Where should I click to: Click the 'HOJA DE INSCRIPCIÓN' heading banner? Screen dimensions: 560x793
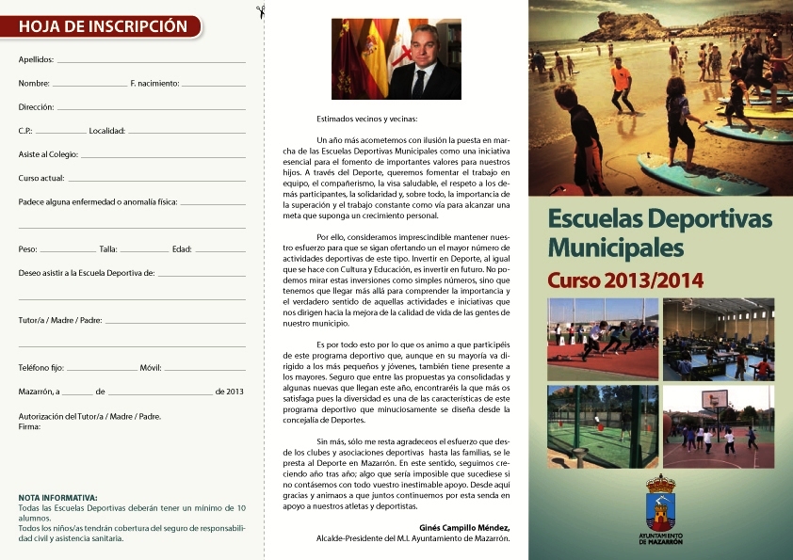[103, 26]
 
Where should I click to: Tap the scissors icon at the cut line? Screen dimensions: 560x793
[260, 12]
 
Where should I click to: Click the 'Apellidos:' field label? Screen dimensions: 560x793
[37, 59]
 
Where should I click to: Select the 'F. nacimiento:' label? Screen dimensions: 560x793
[154, 84]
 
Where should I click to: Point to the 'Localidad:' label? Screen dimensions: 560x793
[106, 131]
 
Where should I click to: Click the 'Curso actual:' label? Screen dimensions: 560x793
[41, 178]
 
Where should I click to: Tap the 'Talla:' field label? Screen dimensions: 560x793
[108, 249]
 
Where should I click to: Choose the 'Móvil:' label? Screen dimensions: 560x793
[151, 368]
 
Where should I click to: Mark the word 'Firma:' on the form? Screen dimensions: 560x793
[29, 426]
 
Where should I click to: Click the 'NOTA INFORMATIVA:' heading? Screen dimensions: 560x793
[57, 497]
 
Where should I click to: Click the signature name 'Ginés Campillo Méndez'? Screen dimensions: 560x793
[462, 528]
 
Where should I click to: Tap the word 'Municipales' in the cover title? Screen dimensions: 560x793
[615, 248]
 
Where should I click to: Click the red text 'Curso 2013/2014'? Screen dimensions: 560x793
[625, 280]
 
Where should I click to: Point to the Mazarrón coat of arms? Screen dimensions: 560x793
[660, 502]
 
